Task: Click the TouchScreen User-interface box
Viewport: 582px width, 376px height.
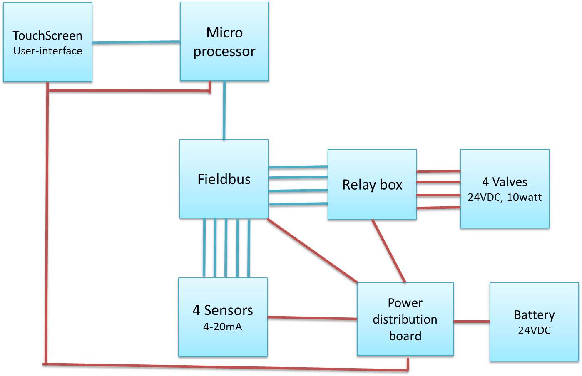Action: coord(47,42)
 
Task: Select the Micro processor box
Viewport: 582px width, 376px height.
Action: coord(224,42)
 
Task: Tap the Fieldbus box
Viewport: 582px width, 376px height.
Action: coord(224,179)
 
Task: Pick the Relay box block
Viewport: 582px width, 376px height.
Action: coord(372,184)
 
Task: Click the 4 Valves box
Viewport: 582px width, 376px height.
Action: coord(505,188)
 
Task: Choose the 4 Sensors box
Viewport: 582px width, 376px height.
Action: coord(223,317)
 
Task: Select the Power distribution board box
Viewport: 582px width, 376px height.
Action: coord(405,319)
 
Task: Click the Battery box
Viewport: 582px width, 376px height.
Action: coord(534,322)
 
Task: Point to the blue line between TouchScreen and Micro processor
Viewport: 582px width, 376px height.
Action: coord(136,42)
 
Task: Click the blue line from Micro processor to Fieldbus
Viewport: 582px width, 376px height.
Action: coord(224,110)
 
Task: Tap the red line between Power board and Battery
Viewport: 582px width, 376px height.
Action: coord(471,322)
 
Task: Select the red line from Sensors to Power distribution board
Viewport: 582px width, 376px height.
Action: coord(312,318)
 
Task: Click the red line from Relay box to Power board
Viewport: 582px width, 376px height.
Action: coord(388,251)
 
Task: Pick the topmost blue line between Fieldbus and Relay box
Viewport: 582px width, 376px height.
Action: coord(298,167)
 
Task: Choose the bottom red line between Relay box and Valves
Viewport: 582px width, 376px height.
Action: coord(438,208)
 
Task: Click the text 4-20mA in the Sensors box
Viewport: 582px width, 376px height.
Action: coord(223,327)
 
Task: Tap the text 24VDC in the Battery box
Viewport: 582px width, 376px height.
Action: coord(534,331)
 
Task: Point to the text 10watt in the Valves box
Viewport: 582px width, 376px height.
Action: coord(524,198)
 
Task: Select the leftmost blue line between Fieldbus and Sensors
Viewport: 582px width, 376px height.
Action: coord(204,248)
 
